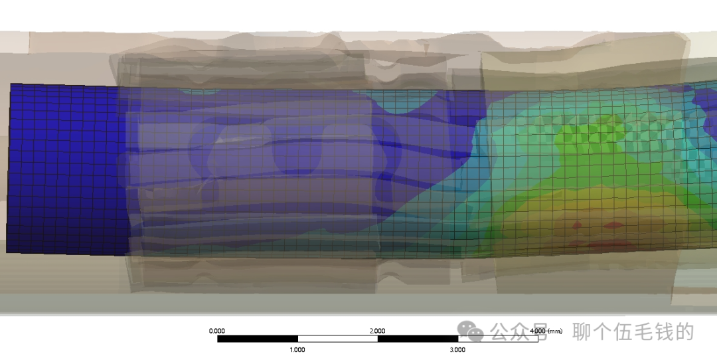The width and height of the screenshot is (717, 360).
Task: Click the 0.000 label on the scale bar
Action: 216,331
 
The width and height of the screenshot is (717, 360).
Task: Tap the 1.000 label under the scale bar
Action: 297,349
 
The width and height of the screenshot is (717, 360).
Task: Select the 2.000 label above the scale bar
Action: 377,331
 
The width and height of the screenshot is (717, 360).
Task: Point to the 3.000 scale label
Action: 457,349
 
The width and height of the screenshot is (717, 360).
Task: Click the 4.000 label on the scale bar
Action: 538,331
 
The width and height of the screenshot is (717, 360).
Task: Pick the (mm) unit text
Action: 555,331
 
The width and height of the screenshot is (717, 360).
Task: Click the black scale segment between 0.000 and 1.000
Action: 258,339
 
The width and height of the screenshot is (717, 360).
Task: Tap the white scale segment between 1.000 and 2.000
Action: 337,339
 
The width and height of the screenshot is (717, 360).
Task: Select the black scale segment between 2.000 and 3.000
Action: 418,339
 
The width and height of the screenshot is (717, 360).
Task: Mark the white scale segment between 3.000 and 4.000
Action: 498,339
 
